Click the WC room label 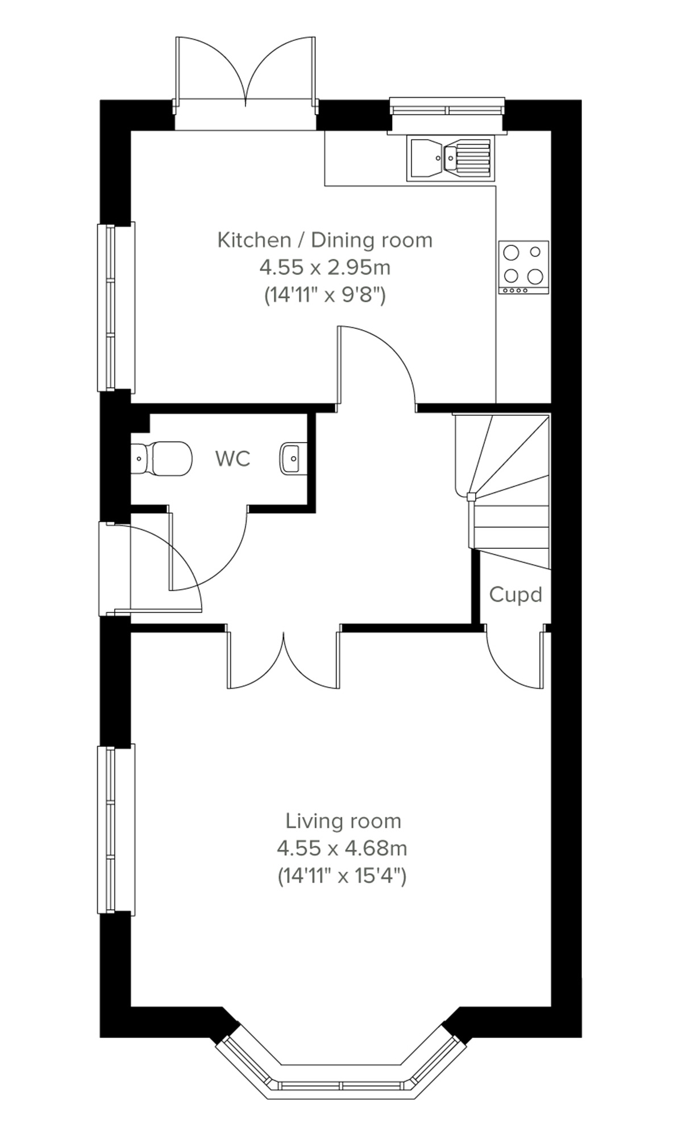(x=233, y=458)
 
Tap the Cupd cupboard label (x=515, y=595)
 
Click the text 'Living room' (x=343, y=821)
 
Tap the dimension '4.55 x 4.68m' (x=342, y=848)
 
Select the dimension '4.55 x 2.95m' (x=325, y=267)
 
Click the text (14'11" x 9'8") (x=325, y=295)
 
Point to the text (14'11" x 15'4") (x=342, y=876)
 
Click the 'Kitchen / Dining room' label (x=325, y=240)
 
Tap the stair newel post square (x=471, y=497)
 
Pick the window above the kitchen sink (x=447, y=110)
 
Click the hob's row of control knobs (x=514, y=290)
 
